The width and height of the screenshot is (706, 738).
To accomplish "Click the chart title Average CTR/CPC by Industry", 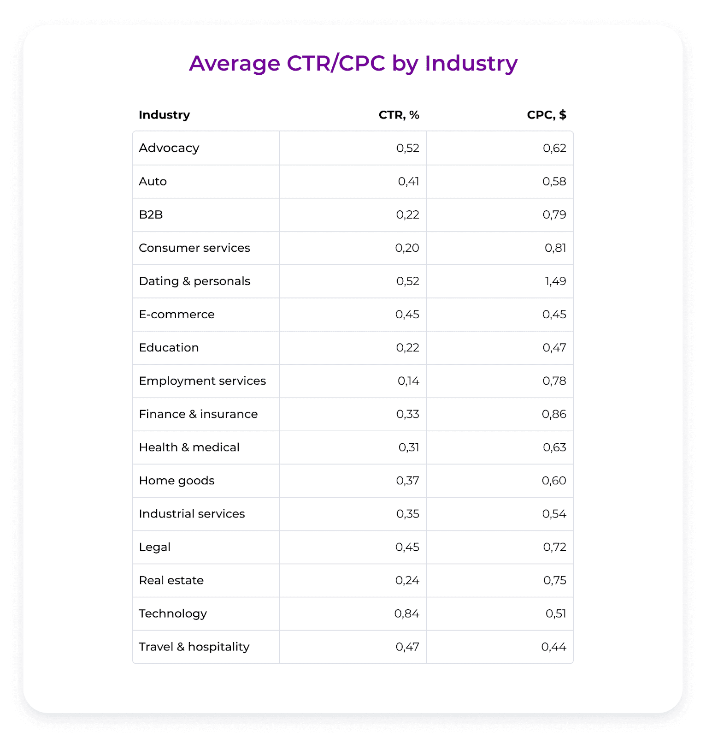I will (353, 63).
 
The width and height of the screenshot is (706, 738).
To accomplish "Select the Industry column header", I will (164, 115).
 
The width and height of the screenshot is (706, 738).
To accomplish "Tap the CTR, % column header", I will (399, 115).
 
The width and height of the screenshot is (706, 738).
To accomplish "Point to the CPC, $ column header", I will (546, 115).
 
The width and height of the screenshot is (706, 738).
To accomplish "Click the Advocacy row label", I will (169, 148).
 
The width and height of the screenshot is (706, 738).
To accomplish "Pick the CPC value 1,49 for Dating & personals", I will (555, 281).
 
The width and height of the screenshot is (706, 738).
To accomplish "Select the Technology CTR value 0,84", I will (407, 613).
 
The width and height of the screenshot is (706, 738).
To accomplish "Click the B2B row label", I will (151, 215).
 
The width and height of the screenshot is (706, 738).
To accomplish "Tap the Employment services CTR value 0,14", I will (408, 381).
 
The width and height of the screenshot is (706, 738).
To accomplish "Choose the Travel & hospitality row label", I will (194, 647).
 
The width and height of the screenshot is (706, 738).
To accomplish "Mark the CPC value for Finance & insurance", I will (554, 414).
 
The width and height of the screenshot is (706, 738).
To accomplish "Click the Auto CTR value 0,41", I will (408, 181).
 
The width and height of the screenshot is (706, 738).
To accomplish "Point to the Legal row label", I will (155, 547).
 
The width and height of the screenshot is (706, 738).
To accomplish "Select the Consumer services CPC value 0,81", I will (555, 248).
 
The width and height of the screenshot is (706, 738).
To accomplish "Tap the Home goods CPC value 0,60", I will (554, 481).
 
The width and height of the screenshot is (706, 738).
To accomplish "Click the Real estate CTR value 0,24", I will (407, 580).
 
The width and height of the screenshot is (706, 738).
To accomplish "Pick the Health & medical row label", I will (189, 447).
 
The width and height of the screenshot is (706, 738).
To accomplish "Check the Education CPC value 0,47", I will (554, 348).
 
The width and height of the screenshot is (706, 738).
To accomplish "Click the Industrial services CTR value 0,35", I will (408, 514).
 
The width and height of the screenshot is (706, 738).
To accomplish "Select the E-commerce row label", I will (176, 315).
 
